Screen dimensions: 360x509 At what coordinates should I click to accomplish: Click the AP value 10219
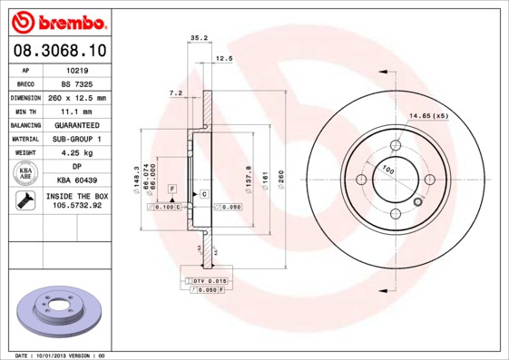click(x=76, y=69)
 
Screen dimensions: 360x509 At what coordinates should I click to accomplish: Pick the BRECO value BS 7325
click(x=76, y=83)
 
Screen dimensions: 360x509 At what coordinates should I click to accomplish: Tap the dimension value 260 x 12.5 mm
click(x=76, y=97)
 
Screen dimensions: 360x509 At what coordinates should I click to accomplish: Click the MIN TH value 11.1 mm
click(x=76, y=111)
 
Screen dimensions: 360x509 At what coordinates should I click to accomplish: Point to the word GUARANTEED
click(x=76, y=124)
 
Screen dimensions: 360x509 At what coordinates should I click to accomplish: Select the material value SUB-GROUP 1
click(x=76, y=139)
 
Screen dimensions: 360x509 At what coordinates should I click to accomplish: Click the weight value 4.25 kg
click(x=76, y=152)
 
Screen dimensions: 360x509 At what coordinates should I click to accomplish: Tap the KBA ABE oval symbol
click(x=25, y=173)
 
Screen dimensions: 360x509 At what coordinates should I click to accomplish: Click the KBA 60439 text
click(x=76, y=180)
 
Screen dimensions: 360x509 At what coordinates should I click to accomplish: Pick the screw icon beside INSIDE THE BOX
click(x=25, y=201)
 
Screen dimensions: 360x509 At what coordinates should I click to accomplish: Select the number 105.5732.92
click(x=76, y=206)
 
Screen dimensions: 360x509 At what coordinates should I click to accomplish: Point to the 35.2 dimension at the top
click(x=200, y=37)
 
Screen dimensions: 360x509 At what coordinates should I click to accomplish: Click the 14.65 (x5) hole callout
click(x=429, y=116)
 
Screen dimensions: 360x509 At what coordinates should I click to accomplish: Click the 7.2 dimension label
click(x=176, y=92)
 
